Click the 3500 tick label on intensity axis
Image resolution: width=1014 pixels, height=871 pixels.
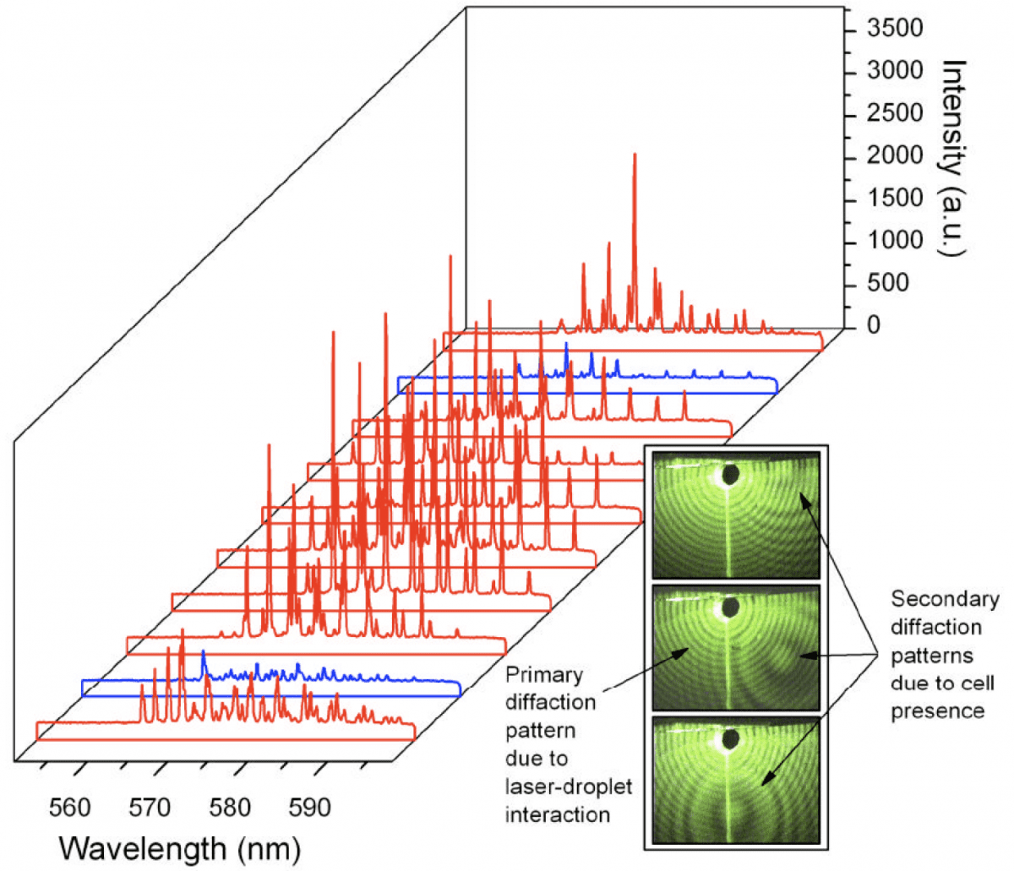point(895,30)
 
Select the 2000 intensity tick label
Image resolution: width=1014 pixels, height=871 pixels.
point(895,156)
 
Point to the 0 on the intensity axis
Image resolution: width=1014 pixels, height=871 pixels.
point(874,325)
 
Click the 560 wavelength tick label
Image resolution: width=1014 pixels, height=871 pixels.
point(69,808)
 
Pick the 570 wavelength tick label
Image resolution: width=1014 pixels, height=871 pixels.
point(150,808)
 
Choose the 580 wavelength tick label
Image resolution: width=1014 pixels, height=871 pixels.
point(230,808)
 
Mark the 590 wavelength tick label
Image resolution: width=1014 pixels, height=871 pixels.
point(309,808)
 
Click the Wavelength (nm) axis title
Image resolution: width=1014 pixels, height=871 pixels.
point(179,847)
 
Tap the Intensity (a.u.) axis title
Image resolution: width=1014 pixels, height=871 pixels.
point(954,156)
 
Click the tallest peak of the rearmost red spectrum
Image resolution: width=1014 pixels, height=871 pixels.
point(635,157)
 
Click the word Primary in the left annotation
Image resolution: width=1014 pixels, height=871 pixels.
point(543,675)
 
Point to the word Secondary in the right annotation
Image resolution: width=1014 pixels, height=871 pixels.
point(945,599)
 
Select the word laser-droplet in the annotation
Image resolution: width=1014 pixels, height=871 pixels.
point(568,787)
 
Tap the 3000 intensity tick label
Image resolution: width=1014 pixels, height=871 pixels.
point(895,72)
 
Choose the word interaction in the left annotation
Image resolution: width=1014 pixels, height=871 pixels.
point(557,814)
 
